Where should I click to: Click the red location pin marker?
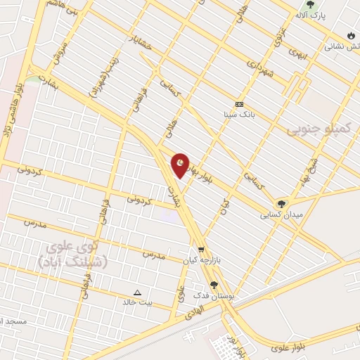point(181,165)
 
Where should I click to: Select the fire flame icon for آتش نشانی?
point(350,35)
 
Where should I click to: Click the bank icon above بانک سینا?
point(239,104)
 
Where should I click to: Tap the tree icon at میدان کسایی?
point(281,204)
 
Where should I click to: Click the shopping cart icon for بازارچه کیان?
point(201,249)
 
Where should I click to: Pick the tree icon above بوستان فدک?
point(214,285)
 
